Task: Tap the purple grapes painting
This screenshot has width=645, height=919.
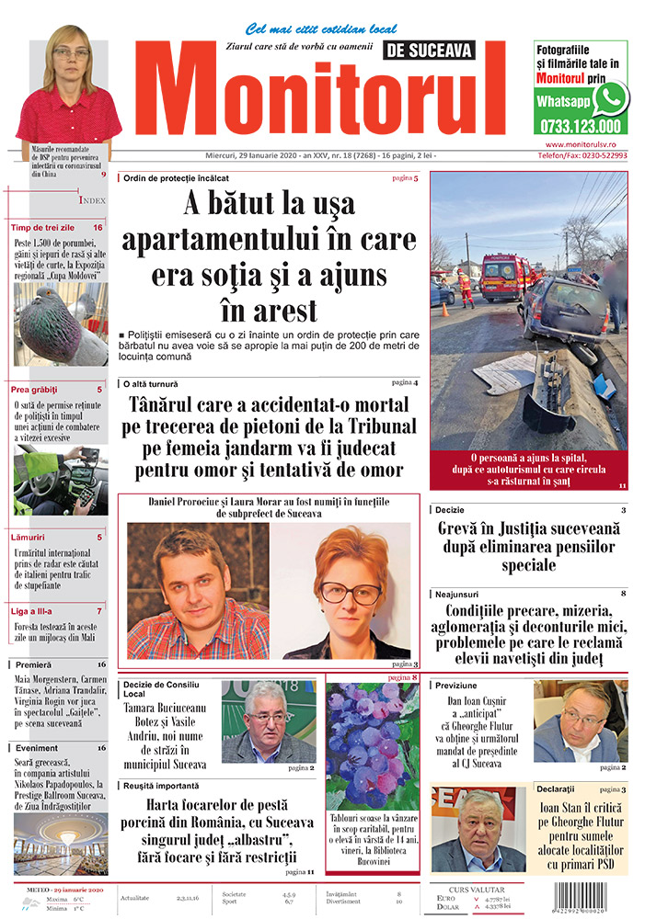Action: click(x=373, y=745)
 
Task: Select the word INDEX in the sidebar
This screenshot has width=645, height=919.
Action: click(x=93, y=199)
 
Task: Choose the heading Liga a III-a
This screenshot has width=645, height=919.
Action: click(x=32, y=610)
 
